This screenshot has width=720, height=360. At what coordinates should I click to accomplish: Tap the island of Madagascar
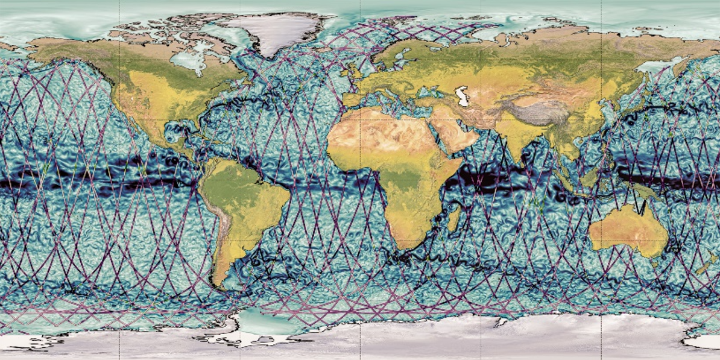point(453,217)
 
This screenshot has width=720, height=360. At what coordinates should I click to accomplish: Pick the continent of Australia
point(627,229)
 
